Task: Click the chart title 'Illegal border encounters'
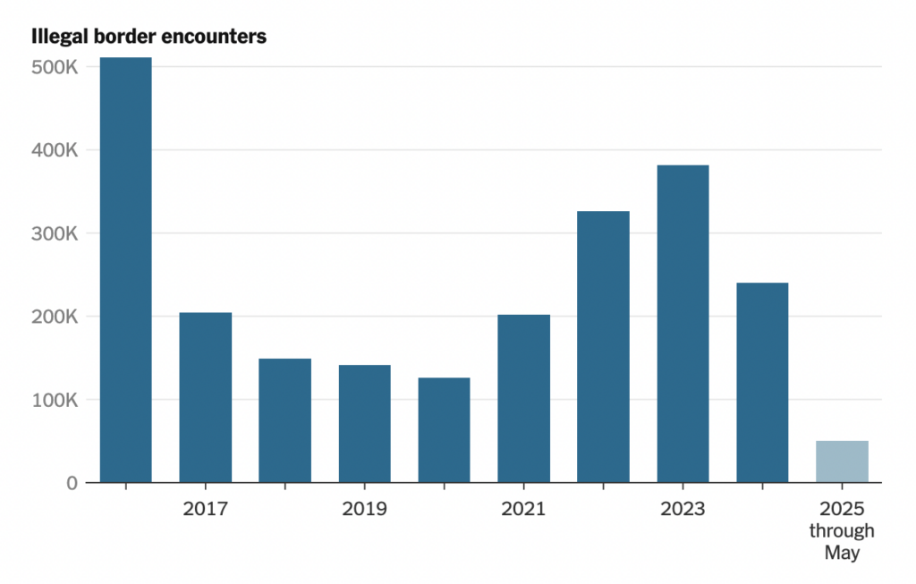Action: click(x=149, y=38)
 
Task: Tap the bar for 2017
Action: click(x=205, y=398)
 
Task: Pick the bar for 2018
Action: click(x=284, y=420)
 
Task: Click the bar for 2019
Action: click(x=364, y=424)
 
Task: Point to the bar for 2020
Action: click(x=444, y=430)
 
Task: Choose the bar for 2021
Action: click(x=523, y=399)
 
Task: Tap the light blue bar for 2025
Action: click(x=842, y=461)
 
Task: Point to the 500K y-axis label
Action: click(x=55, y=67)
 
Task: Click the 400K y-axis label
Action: click(x=55, y=150)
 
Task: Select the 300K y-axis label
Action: click(x=55, y=233)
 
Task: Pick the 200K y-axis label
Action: click(x=55, y=317)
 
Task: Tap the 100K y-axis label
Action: click(x=55, y=400)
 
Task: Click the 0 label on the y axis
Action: click(x=72, y=483)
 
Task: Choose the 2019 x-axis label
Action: click(x=364, y=510)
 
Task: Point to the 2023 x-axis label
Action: click(x=683, y=510)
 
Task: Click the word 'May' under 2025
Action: click(x=842, y=554)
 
